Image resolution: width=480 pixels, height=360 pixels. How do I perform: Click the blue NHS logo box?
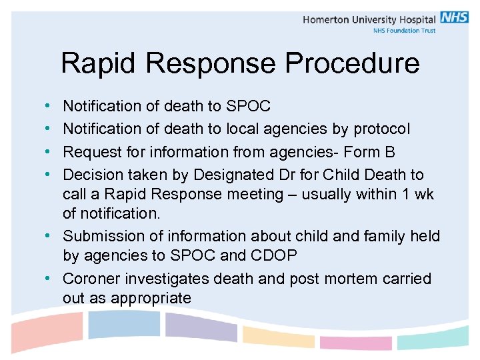tap(455, 18)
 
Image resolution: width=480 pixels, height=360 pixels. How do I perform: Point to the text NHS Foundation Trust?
tap(405, 31)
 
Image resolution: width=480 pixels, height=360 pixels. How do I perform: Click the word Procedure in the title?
tap(353, 64)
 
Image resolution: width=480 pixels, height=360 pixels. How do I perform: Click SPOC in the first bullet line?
tap(248, 106)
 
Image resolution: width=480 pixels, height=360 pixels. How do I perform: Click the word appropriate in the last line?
tap(151, 298)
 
